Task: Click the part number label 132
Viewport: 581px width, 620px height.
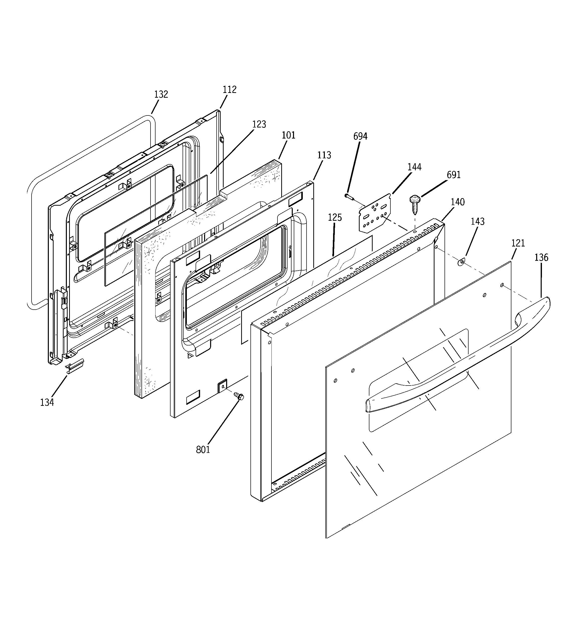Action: coord(161,94)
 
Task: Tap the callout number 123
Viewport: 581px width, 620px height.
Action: coord(259,125)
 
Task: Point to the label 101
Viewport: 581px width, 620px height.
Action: coord(288,135)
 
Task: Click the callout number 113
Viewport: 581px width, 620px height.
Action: coord(324,155)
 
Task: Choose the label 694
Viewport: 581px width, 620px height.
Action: coord(360,136)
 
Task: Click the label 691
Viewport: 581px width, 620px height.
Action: coord(454,175)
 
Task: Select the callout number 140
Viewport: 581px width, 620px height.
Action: coord(458,202)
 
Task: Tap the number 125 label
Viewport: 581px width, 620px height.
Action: coord(335,217)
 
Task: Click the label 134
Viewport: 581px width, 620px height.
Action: coord(47,403)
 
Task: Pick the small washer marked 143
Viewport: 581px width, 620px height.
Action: coord(461,262)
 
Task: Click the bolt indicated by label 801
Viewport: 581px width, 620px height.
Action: coord(239,396)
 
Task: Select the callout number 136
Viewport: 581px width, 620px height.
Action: coord(541,257)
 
